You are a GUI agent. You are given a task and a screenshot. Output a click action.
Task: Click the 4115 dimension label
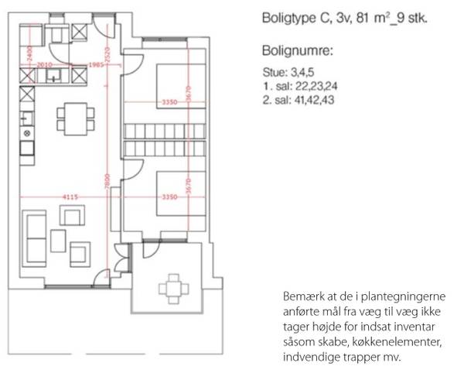(70, 197)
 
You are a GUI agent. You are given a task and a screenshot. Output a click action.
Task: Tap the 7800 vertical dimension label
(107, 180)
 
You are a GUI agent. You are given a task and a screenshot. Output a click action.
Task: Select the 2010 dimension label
(45, 64)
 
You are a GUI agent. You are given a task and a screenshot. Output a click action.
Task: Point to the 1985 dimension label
(96, 64)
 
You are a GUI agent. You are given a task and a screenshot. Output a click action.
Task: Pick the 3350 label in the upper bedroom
(170, 102)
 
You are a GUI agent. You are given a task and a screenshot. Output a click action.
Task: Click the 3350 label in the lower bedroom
(170, 197)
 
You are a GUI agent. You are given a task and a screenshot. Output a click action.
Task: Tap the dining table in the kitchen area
(76, 118)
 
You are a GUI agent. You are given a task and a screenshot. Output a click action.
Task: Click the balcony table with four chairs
(174, 289)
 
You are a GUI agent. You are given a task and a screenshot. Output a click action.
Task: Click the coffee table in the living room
(58, 241)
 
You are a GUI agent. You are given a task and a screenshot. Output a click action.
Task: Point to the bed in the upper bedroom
(181, 86)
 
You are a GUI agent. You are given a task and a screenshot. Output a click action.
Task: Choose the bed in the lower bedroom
(181, 193)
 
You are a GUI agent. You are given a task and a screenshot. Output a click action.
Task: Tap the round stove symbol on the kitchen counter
(27, 133)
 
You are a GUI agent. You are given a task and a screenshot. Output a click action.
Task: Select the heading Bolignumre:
(298, 51)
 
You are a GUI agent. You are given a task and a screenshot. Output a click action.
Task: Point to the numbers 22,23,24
(316, 87)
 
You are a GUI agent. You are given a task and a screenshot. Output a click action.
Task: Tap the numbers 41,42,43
(314, 100)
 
